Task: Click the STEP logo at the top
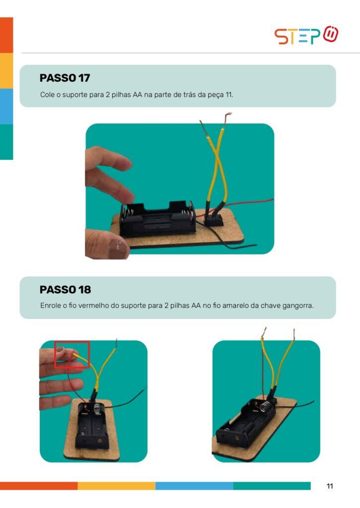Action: [x=306, y=35]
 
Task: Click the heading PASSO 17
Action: [x=65, y=78]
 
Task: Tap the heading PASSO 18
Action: [x=65, y=290]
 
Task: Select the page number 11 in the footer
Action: [x=330, y=486]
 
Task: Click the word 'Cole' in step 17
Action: [x=47, y=95]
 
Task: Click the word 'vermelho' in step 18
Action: [x=93, y=306]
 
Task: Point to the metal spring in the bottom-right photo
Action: [x=265, y=406]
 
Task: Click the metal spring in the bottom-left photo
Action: [x=97, y=409]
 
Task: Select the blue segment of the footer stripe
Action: [x=194, y=486]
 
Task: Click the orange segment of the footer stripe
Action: [x=39, y=486]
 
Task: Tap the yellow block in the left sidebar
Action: [x=6, y=70]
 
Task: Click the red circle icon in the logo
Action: [x=331, y=34]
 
